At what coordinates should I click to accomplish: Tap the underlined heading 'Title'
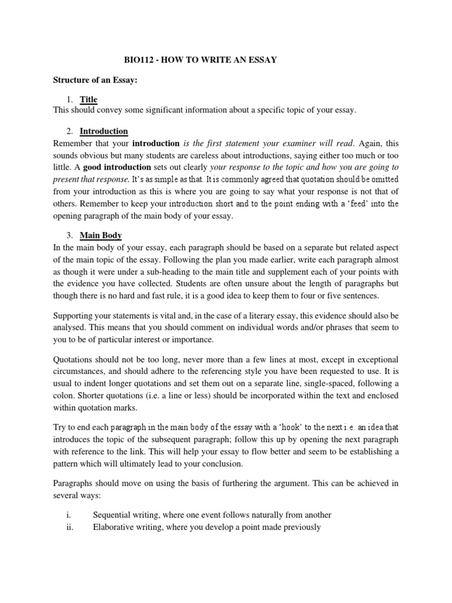pyautogui.click(x=89, y=100)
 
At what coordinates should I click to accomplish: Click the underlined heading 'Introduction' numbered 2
pyautogui.click(x=104, y=131)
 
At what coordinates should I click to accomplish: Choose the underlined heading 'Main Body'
pyautogui.click(x=101, y=236)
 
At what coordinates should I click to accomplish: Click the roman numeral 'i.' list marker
pyautogui.click(x=69, y=515)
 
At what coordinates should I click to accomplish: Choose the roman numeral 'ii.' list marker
pyautogui.click(x=69, y=527)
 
